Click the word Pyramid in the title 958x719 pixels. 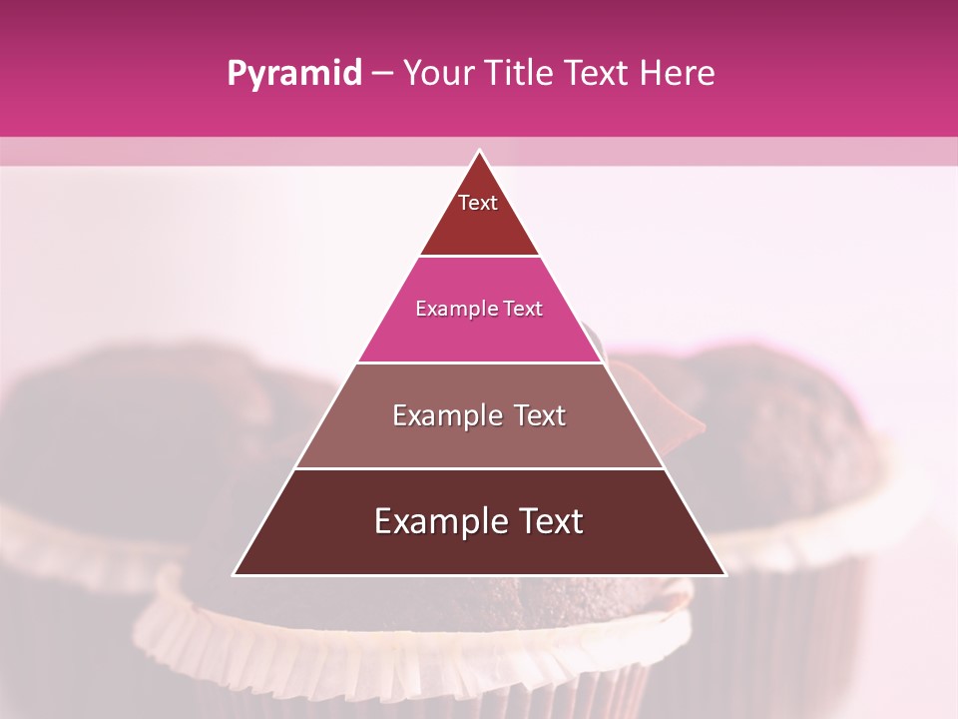click(x=293, y=74)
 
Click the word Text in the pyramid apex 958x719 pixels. click(x=478, y=203)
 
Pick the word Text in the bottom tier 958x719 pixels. click(x=547, y=521)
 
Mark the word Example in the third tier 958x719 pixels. click(x=445, y=415)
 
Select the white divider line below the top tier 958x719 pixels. click(x=479, y=256)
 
